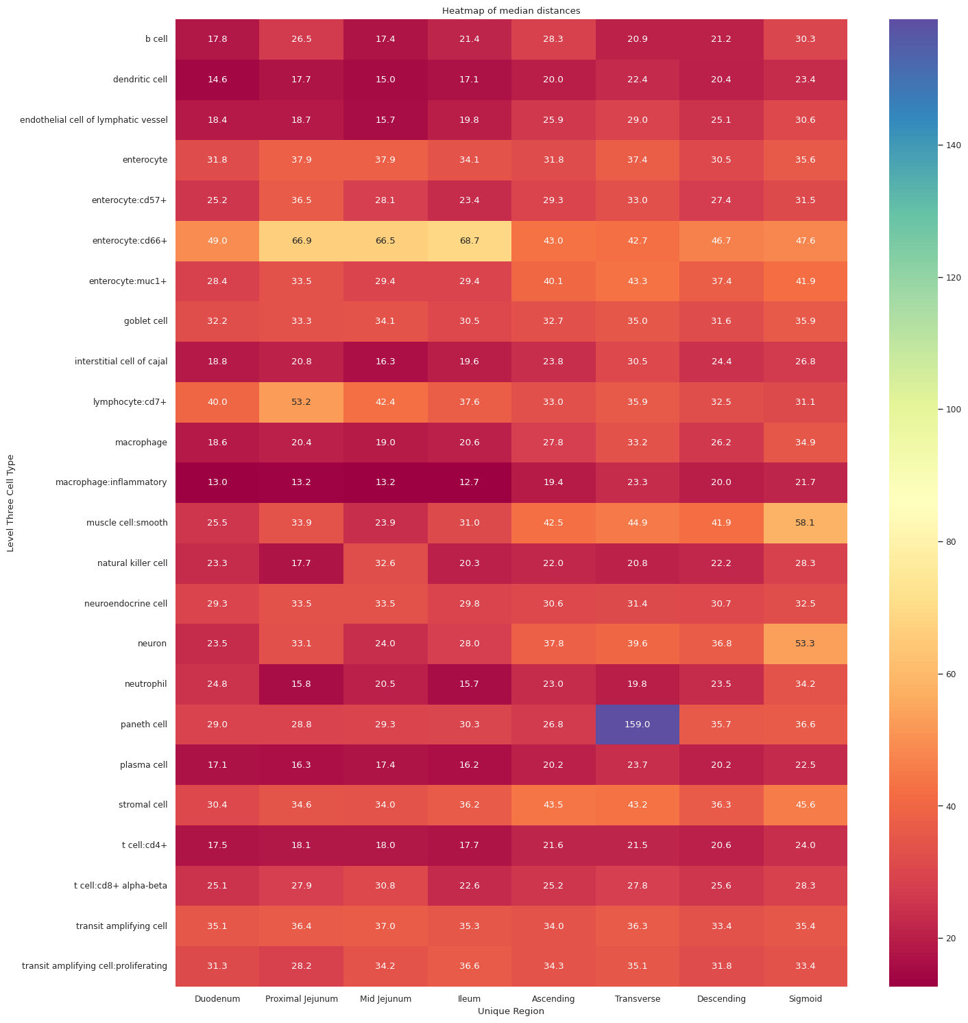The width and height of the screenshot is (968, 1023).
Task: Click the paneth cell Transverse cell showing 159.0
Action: coord(637,725)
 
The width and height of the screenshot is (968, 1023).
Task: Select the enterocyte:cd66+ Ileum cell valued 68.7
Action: coord(470,241)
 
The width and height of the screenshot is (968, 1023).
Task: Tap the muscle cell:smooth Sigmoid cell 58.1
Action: coord(805,523)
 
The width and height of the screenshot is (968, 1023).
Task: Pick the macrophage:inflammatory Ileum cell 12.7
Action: coord(470,482)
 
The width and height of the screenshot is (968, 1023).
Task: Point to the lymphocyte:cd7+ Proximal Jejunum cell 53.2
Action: coord(302,402)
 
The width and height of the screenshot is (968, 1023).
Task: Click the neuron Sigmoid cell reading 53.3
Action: coord(805,644)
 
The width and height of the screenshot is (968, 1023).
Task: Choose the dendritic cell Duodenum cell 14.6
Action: coord(217,80)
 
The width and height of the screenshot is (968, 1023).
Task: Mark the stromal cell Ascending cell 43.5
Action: coord(553,805)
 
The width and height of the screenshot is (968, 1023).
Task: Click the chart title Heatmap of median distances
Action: coord(511,10)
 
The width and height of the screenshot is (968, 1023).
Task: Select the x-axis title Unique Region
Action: coord(511,1011)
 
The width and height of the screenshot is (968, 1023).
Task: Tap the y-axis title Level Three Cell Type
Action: coord(10,503)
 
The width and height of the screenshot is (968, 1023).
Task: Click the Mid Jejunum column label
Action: coord(385,999)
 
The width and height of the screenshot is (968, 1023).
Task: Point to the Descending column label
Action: coord(721,999)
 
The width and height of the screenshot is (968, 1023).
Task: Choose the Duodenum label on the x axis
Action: coord(217,999)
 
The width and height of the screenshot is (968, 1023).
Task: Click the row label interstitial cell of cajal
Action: coord(121,362)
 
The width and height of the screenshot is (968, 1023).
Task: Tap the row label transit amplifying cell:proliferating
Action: coord(95,966)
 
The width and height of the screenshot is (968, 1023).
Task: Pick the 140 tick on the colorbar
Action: coord(954,145)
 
